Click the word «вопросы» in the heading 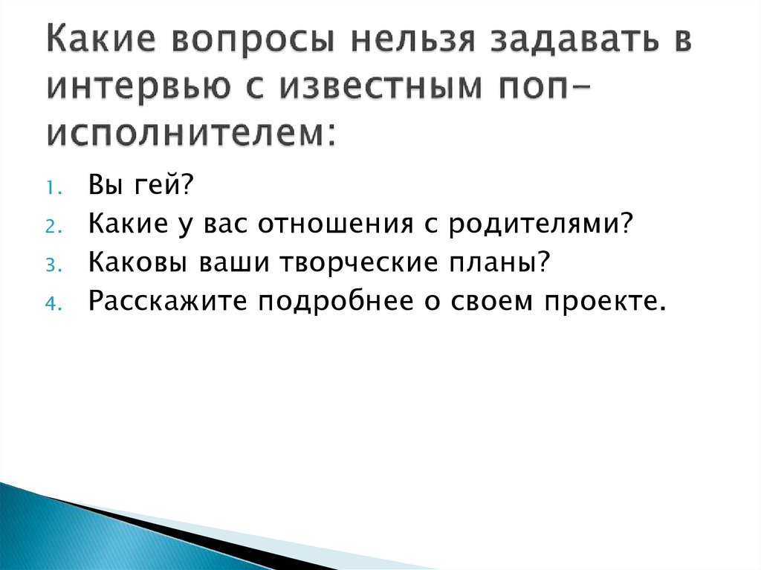pyautogui.click(x=253, y=40)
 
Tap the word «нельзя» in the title pyautogui.click(x=412, y=40)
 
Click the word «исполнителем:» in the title pyautogui.click(x=191, y=132)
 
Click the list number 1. pyautogui.click(x=54, y=188)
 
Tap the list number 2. pyautogui.click(x=54, y=227)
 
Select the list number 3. pyautogui.click(x=54, y=265)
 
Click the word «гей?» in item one pyautogui.click(x=164, y=184)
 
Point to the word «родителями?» pyautogui.click(x=541, y=224)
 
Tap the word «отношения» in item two pyautogui.click(x=336, y=224)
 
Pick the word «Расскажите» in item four pyautogui.click(x=167, y=301)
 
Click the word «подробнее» pyautogui.click(x=335, y=301)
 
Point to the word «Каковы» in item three pyautogui.click(x=137, y=262)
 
